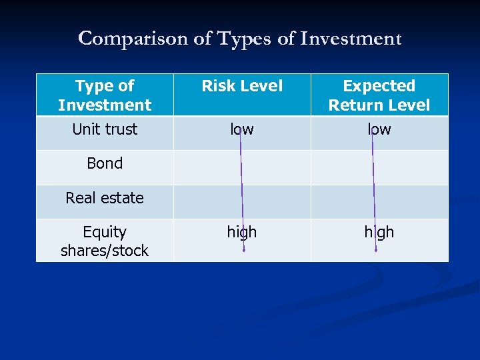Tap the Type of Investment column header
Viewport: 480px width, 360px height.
[x=105, y=95]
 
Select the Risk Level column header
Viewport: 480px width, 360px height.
[x=242, y=86]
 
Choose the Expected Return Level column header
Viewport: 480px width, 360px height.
[x=379, y=95]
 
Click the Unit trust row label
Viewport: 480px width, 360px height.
[x=105, y=129]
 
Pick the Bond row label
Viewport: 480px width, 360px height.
[x=105, y=163]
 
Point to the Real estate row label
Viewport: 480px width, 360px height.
[x=105, y=198]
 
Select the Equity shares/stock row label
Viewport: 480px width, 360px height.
[x=105, y=241]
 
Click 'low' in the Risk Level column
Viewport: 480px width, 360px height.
[x=242, y=129]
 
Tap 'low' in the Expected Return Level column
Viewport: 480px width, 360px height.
[x=379, y=129]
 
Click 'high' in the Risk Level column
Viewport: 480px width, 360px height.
[x=242, y=232]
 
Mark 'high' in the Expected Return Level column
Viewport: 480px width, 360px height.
[x=379, y=232]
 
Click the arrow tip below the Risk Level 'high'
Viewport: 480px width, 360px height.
[x=244, y=251]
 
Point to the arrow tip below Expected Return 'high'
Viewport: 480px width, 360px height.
[x=376, y=251]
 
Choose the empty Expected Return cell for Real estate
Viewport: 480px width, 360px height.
[x=407, y=202]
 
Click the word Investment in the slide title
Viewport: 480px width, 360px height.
[x=351, y=39]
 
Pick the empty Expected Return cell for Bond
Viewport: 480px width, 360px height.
[x=407, y=167]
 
